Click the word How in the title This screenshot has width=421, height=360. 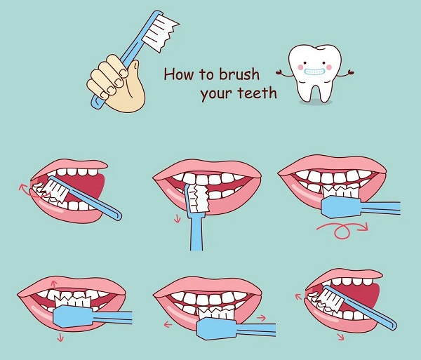(x=178, y=74)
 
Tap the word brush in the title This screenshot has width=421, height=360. (x=239, y=74)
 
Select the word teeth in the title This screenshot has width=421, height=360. (x=258, y=93)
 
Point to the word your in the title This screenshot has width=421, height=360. (x=216, y=95)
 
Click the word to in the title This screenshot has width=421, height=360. (x=206, y=74)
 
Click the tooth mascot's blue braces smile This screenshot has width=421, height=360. (x=315, y=72)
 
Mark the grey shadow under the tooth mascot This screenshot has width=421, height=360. (x=316, y=102)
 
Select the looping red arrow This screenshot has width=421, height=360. (x=342, y=230)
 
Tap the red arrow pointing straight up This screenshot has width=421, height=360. (x=55, y=285)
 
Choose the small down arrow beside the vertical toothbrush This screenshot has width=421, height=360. (x=177, y=219)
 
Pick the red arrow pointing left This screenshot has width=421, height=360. (x=168, y=324)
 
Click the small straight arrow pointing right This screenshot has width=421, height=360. (x=261, y=318)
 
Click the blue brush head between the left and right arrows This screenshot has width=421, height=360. (x=217, y=328)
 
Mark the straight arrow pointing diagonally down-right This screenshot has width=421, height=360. (x=341, y=337)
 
